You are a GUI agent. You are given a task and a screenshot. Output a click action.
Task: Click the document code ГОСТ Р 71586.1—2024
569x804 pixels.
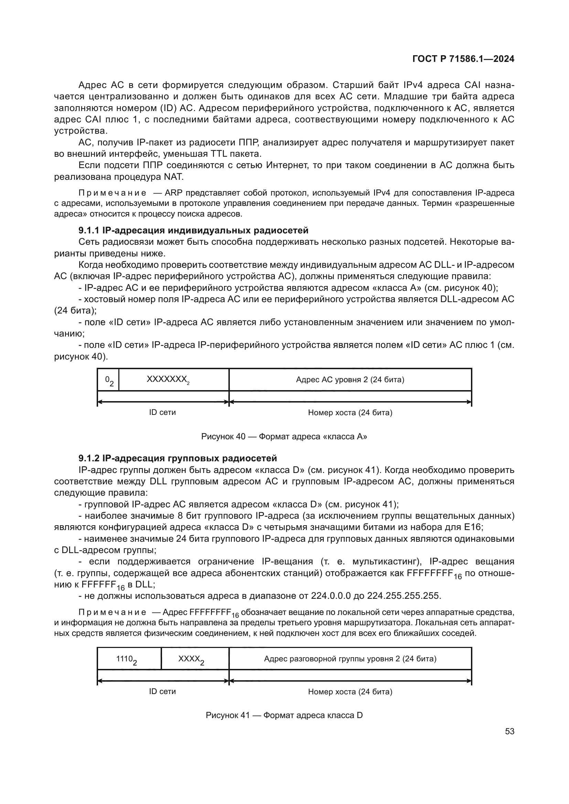pyautogui.click(x=463, y=59)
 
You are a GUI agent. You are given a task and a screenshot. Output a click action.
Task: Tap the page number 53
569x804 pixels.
pyautogui.click(x=509, y=731)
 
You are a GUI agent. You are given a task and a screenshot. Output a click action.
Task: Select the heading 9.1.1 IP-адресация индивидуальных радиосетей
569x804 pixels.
pyautogui.click(x=193, y=230)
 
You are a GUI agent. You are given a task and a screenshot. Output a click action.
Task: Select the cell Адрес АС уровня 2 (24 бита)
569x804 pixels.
pyautogui.click(x=350, y=379)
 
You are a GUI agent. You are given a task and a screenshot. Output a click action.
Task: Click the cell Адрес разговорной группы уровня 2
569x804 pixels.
pyautogui.click(x=350, y=659)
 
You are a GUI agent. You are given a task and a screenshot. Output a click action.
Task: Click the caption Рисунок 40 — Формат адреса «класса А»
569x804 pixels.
pyautogui.click(x=284, y=437)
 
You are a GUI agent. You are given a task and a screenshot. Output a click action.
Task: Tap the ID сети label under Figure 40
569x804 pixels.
pyautogui.click(x=162, y=412)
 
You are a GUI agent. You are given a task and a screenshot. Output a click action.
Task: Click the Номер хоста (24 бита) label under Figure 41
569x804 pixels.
pyautogui.click(x=350, y=692)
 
